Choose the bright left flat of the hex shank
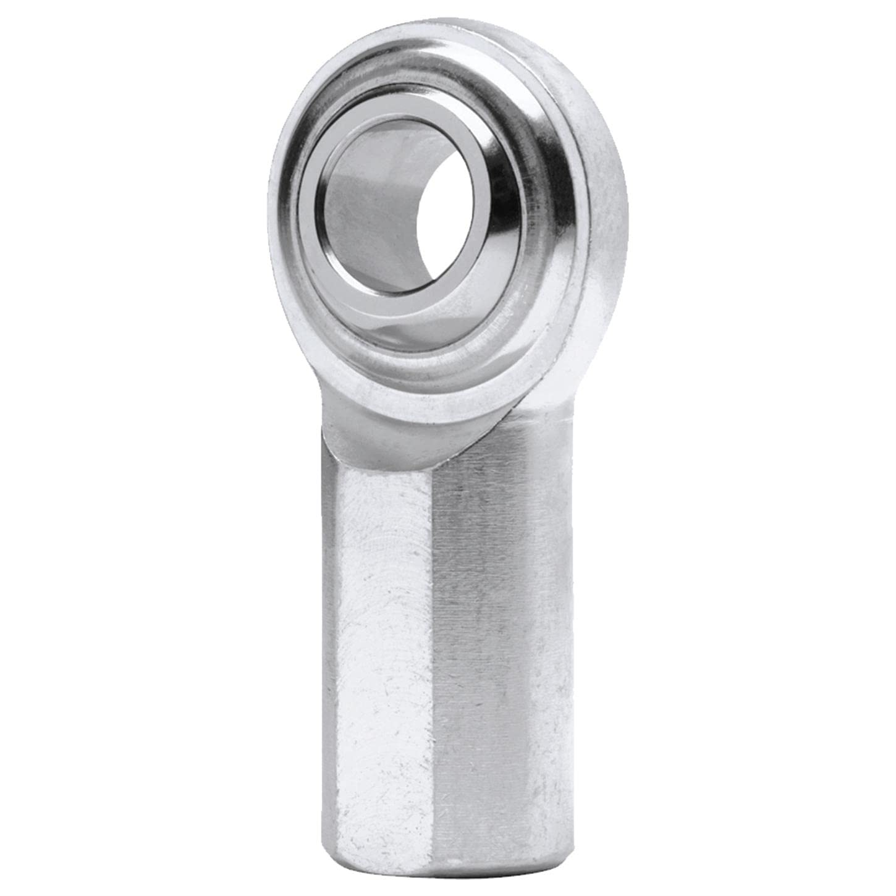click(x=377, y=649)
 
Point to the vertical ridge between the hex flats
click(x=434, y=649)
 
